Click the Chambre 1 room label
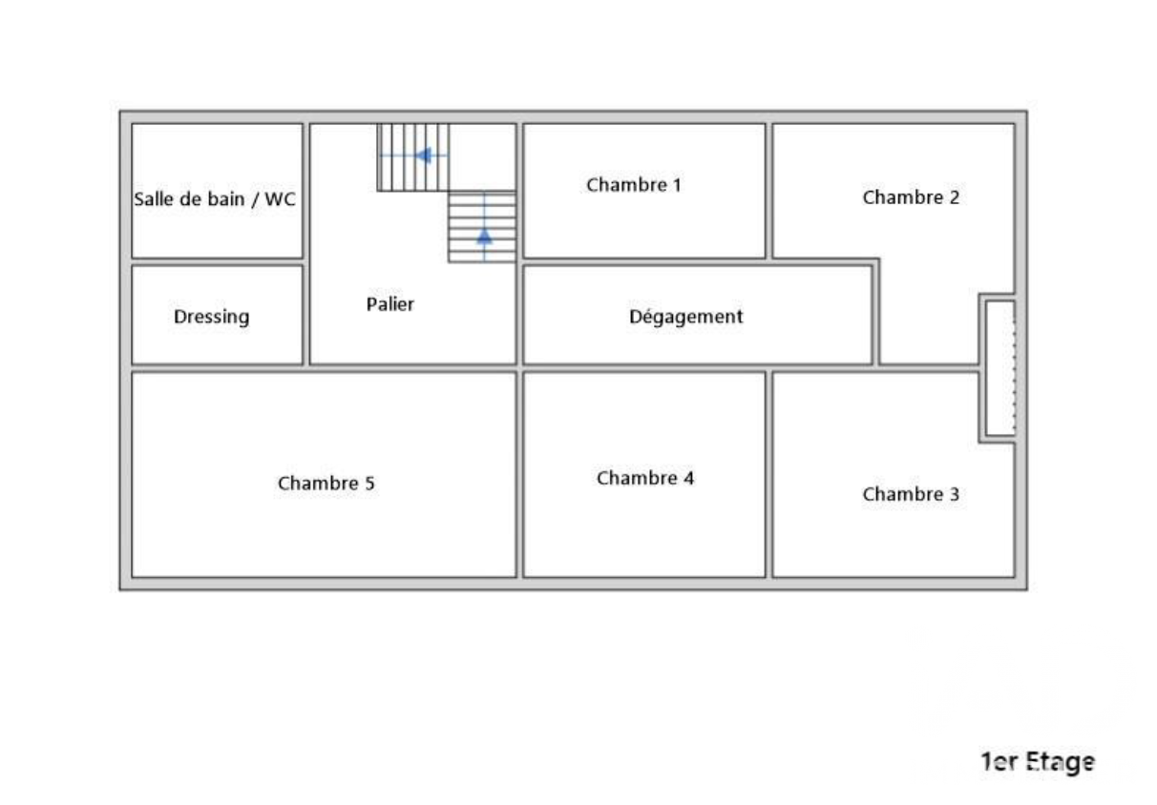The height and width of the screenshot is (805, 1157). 634,185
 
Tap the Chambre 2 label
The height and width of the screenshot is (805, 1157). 911,197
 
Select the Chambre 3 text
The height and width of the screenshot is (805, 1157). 911,494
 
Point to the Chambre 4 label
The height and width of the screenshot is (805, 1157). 645,478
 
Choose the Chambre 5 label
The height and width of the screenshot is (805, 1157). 326,483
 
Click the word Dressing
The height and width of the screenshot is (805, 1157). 212,317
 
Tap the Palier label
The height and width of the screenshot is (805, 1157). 390,304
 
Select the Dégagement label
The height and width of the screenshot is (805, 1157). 686,317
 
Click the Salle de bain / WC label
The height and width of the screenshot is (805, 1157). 215,198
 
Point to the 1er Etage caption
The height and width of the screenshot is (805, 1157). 1039,762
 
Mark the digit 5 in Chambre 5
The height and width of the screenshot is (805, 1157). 369,483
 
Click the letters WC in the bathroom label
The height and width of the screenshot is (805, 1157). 280,198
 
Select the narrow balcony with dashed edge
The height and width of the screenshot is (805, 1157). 1000,368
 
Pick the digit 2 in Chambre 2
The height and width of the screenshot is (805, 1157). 955,197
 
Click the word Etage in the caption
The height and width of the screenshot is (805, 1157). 1061,763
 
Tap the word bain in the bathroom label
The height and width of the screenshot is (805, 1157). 225,198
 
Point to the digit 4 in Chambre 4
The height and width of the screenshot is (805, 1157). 689,478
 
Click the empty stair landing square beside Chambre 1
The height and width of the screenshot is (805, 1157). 482,156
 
